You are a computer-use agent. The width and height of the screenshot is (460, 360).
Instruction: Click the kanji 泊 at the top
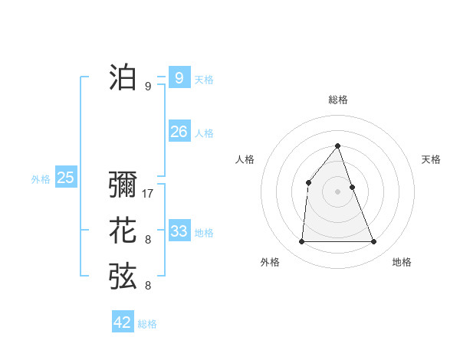click(123, 77)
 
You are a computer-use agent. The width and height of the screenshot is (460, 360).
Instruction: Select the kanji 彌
click(123, 186)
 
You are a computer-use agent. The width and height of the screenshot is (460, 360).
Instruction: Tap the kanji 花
click(123, 231)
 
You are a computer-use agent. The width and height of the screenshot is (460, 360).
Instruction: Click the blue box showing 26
click(179, 132)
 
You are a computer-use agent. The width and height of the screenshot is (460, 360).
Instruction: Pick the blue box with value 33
click(179, 231)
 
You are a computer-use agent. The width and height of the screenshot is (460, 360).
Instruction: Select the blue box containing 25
click(66, 178)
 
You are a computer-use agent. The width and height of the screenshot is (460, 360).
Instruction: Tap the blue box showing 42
click(123, 322)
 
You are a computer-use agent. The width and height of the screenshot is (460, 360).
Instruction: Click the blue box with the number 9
click(179, 77)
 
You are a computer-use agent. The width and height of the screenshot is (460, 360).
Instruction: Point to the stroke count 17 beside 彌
click(148, 194)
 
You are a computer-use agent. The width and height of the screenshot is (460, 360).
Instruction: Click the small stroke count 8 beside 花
click(148, 240)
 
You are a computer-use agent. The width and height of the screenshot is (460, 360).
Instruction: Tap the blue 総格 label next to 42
click(147, 324)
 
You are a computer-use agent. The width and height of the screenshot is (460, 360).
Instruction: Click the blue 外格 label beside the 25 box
click(41, 179)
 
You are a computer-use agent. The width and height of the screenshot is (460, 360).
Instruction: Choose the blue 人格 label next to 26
click(204, 133)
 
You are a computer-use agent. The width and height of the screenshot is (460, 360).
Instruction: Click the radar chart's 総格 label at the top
click(338, 100)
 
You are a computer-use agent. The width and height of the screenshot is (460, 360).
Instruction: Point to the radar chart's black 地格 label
click(402, 263)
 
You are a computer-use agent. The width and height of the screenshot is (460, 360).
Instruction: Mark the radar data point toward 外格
click(301, 242)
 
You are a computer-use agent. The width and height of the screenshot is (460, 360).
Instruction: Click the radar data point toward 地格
click(374, 242)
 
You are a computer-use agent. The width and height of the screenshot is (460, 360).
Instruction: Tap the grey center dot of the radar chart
click(338, 191)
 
